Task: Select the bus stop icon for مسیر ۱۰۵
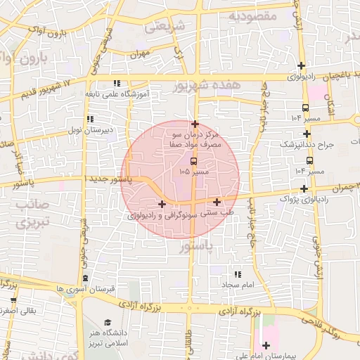(x=194, y=160)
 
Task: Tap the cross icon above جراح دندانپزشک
(x=306, y=134)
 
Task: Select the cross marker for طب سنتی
(x=217, y=202)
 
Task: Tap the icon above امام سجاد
(x=237, y=274)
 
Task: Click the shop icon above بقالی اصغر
(x=12, y=300)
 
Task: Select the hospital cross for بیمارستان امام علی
(x=266, y=345)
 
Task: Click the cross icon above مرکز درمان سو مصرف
(x=195, y=123)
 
